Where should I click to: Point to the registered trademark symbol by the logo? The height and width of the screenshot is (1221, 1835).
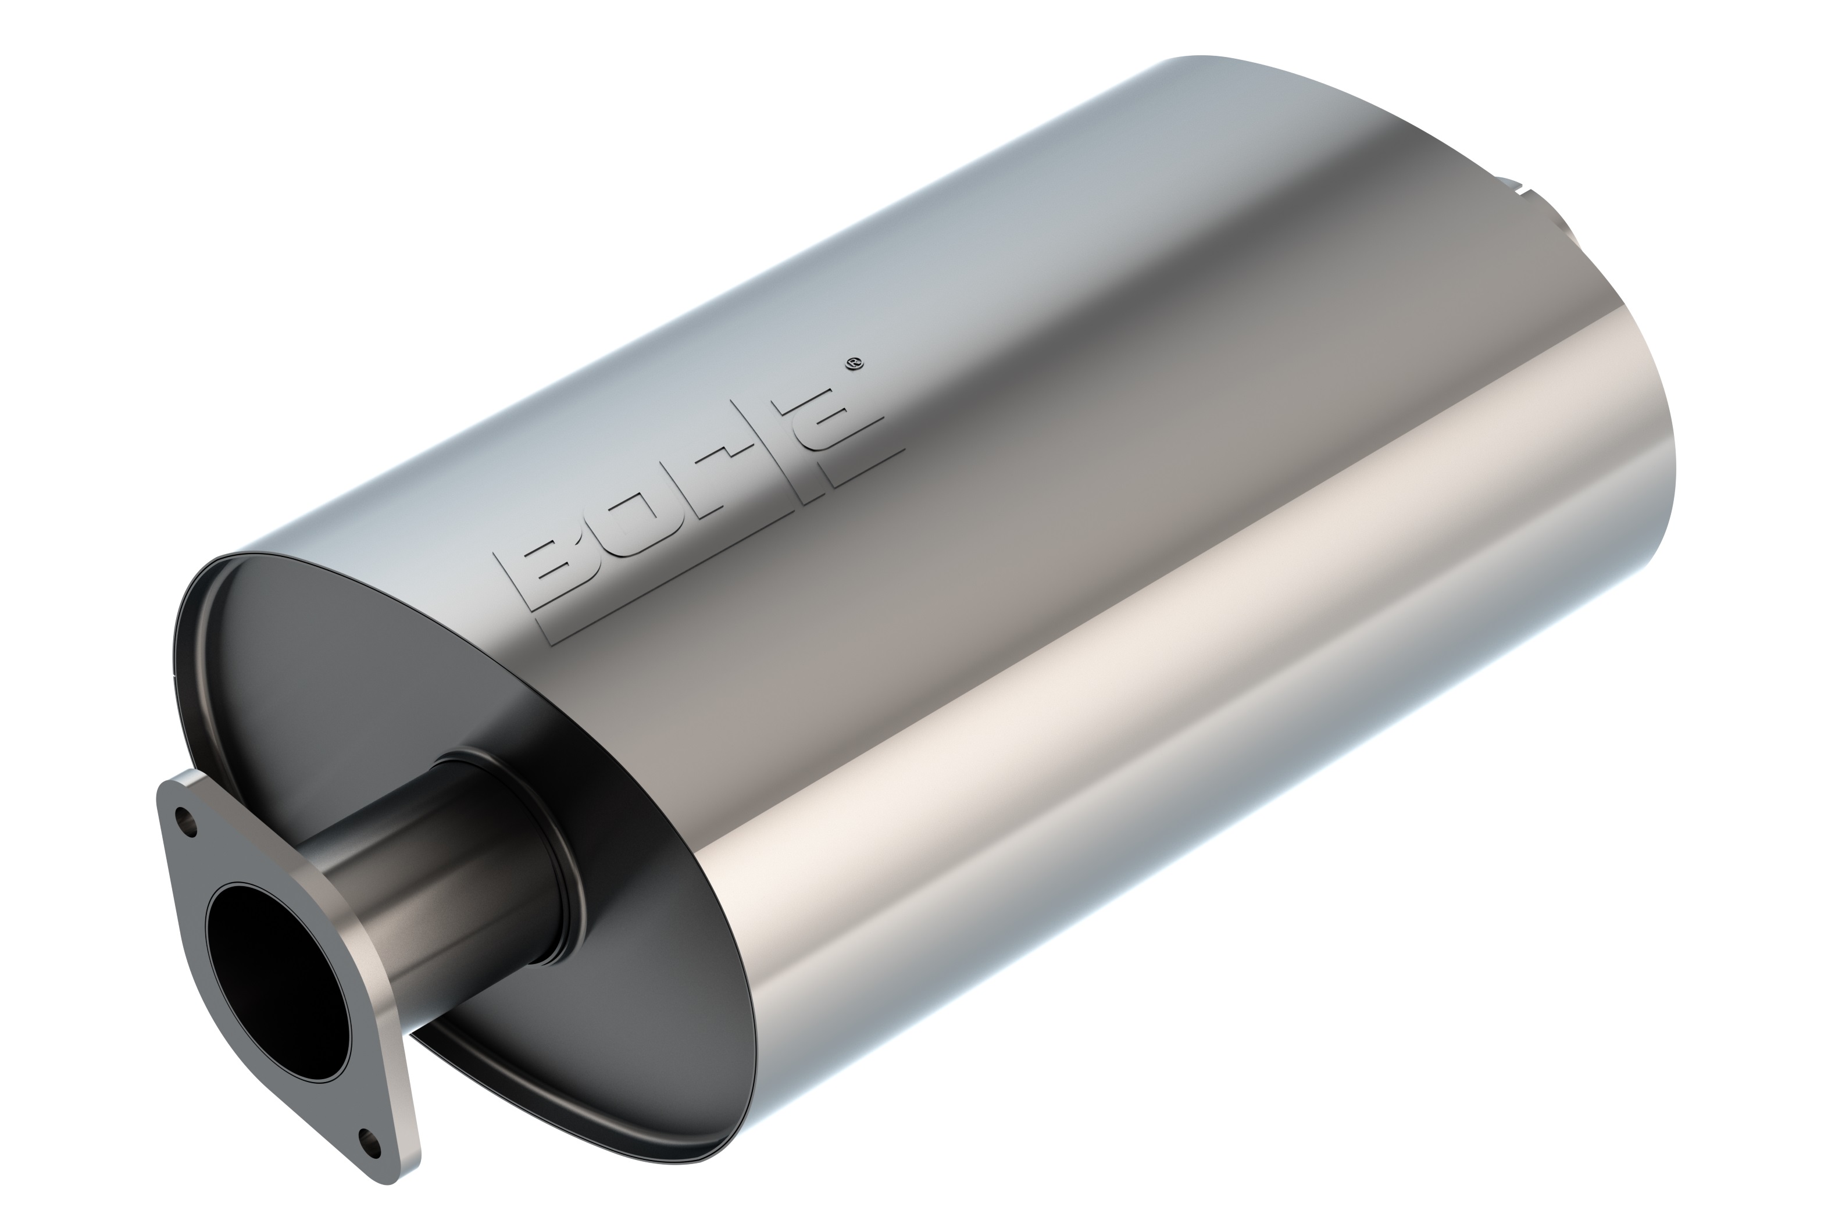click(854, 363)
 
